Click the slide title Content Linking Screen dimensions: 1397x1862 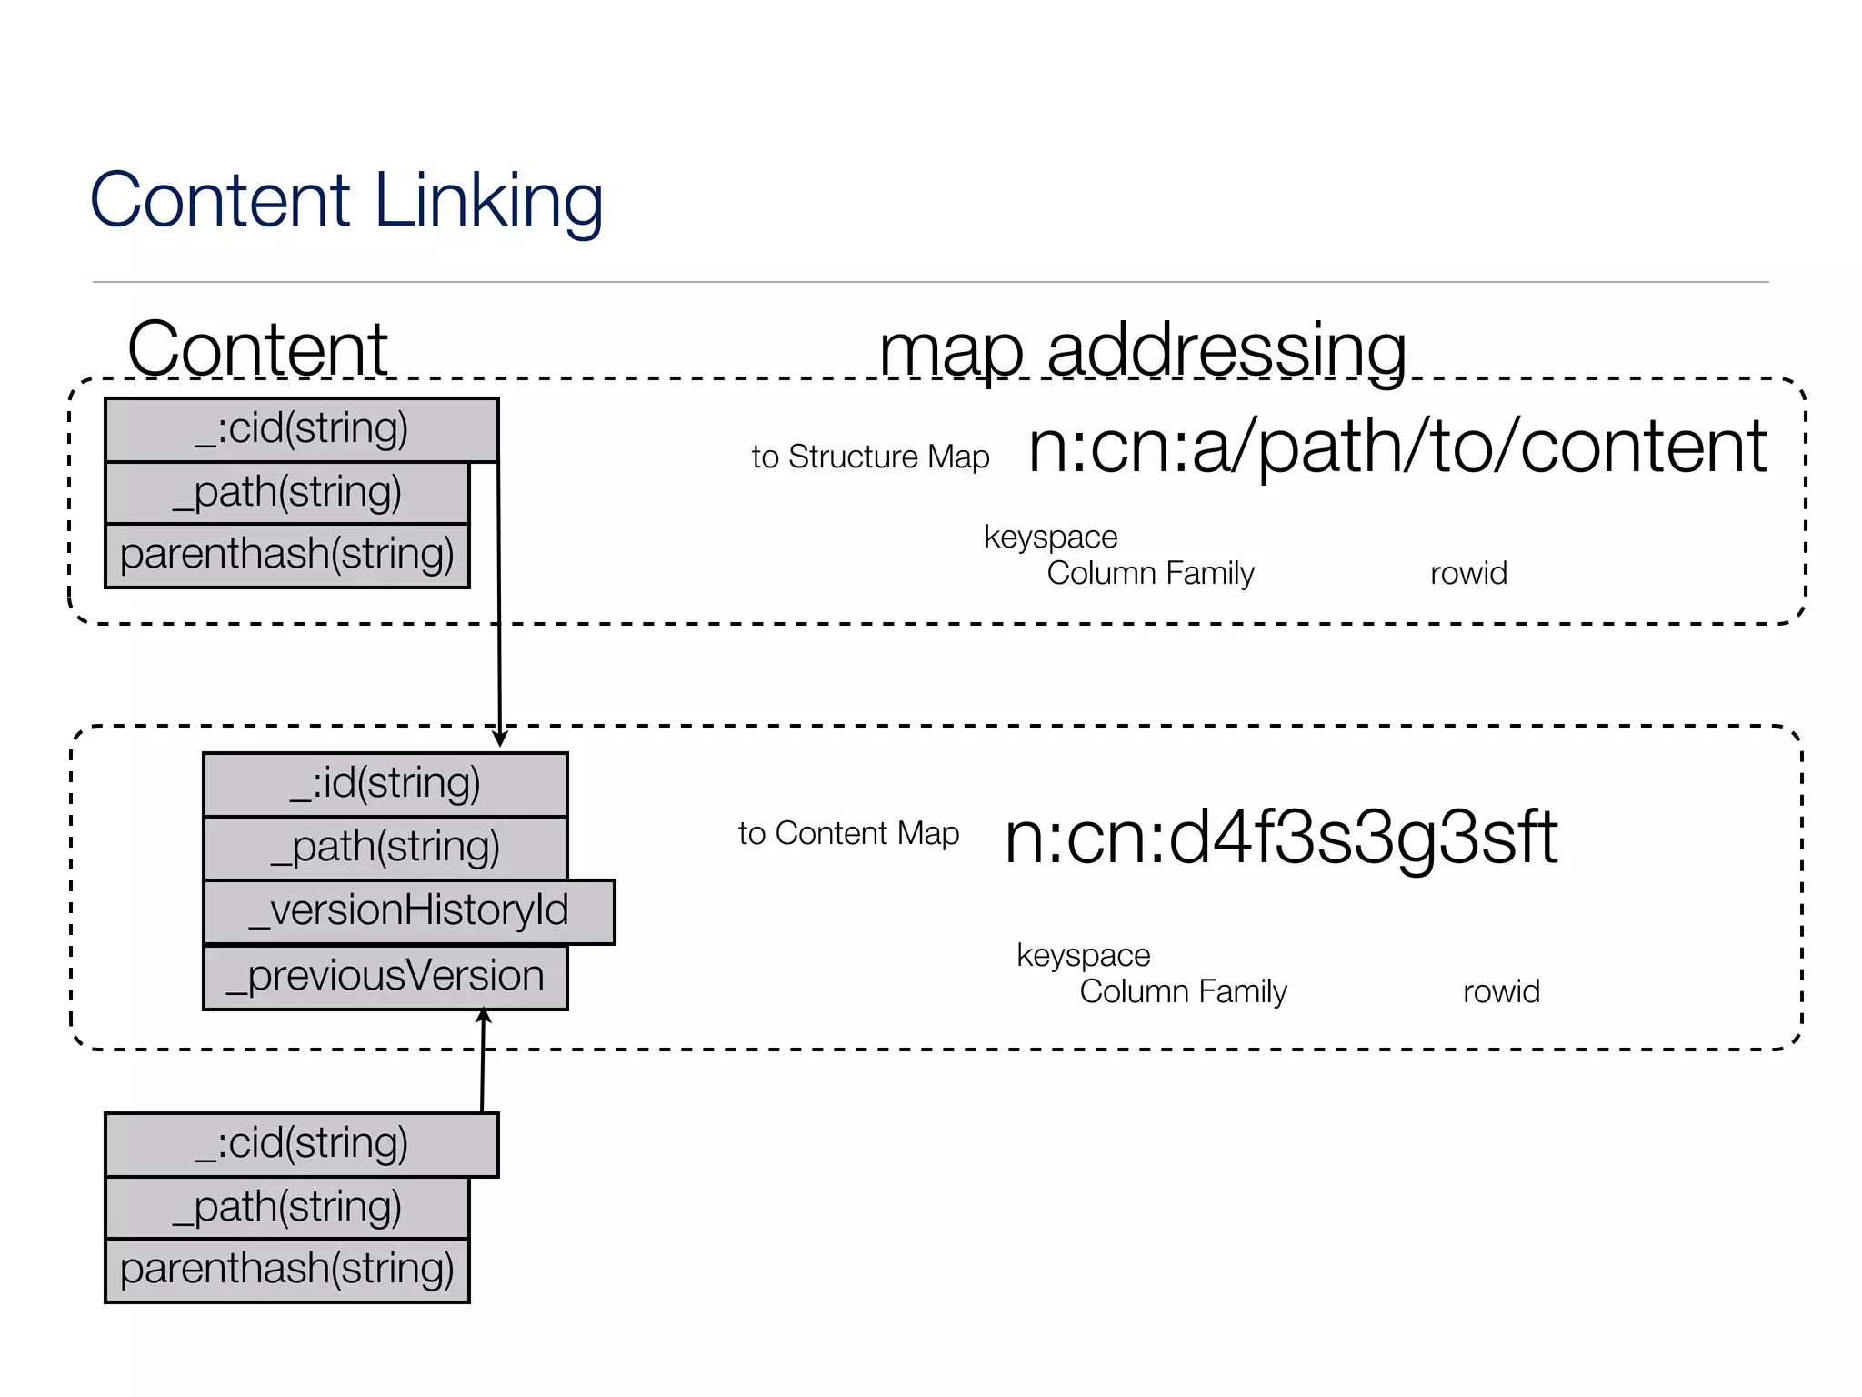tap(346, 200)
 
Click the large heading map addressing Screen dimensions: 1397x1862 tap(1143, 349)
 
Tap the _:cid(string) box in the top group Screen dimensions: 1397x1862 tap(301, 429)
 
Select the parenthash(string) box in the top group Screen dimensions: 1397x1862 tap(286, 555)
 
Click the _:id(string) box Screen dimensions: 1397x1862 tap(385, 784)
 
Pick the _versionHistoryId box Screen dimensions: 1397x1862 tap(409, 911)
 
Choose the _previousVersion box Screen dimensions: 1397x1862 tap(385, 977)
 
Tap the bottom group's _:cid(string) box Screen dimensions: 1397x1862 tap(301, 1144)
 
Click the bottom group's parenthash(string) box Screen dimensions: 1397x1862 tap(286, 1270)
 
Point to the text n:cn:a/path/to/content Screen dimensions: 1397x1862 tap(1396, 447)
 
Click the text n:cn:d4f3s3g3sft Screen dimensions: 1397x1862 tap(1280, 837)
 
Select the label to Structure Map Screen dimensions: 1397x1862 tap(870, 457)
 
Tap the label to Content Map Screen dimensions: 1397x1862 tap(848, 833)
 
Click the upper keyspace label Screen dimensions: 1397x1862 tap(1050, 537)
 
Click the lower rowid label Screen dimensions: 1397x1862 tap(1501, 991)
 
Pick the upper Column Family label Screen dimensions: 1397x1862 tap(1150, 573)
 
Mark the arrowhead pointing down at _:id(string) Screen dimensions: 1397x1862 tap(499, 739)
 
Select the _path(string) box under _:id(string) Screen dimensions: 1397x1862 tap(385, 848)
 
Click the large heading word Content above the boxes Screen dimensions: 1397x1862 tap(257, 349)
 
